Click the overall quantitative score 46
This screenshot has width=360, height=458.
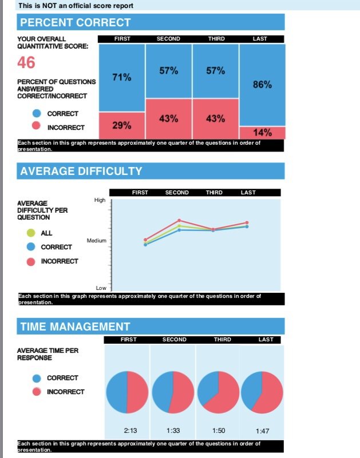click(x=26, y=62)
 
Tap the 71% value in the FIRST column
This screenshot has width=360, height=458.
click(x=121, y=77)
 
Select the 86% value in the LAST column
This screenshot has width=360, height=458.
click(x=262, y=85)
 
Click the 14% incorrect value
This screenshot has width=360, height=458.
click(x=262, y=133)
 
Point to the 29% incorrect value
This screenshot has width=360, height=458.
click(x=121, y=125)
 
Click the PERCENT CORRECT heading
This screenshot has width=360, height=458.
click(x=76, y=23)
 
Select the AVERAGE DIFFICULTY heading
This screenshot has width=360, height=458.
click(x=81, y=171)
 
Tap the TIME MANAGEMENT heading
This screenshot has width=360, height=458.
click(x=75, y=326)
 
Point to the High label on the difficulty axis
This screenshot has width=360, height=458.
click(x=100, y=200)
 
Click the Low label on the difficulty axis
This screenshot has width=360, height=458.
click(x=101, y=288)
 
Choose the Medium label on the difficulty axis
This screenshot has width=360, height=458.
click(x=97, y=241)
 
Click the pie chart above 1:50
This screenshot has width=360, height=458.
click(x=218, y=392)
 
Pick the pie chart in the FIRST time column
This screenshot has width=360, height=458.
click(x=128, y=392)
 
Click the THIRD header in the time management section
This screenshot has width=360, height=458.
click(x=222, y=340)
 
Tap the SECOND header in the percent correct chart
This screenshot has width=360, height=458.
click(x=168, y=39)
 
